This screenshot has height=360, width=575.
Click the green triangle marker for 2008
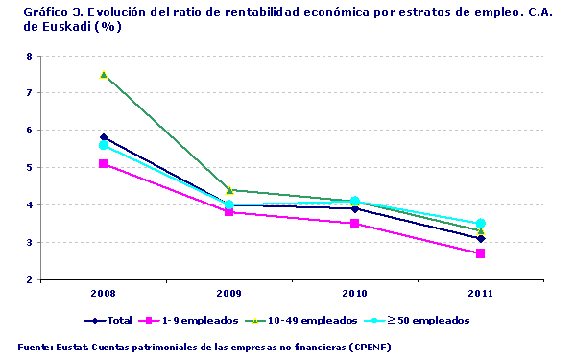(104, 74)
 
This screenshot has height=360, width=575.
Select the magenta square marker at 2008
(104, 164)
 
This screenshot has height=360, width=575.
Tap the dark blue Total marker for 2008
(104, 137)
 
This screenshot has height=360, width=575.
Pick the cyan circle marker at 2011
(481, 224)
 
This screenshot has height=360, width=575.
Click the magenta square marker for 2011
(481, 253)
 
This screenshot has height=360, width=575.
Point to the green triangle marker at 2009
(229, 190)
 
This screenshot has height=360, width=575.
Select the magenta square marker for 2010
(355, 224)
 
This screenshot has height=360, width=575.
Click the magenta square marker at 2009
(229, 212)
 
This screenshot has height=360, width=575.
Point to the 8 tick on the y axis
(29, 57)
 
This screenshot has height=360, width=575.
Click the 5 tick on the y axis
(29, 168)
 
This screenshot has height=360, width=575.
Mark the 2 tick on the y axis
(29, 280)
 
